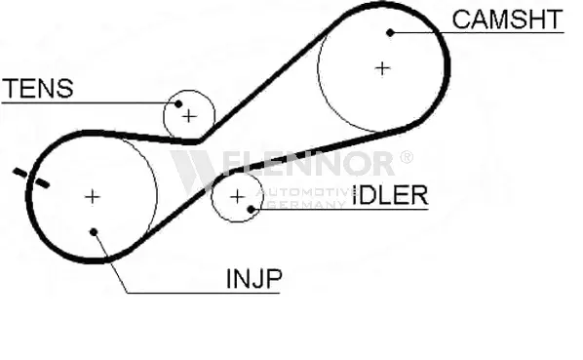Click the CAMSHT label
point(507,20)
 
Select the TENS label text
point(38,88)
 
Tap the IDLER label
point(390,195)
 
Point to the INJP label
point(254,279)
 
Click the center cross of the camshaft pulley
point(382,68)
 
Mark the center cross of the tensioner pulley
point(189,117)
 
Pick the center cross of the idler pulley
point(237,197)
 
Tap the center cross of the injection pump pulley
point(93,197)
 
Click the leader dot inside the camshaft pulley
point(390,33)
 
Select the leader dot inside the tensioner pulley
point(178,103)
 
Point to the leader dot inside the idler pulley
point(251,209)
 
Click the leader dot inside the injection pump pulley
point(94,232)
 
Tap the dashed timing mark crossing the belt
point(31,178)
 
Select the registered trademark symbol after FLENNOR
point(406,157)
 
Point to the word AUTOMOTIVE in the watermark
point(306,192)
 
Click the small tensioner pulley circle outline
point(189,91)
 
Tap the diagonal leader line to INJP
point(110,262)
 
